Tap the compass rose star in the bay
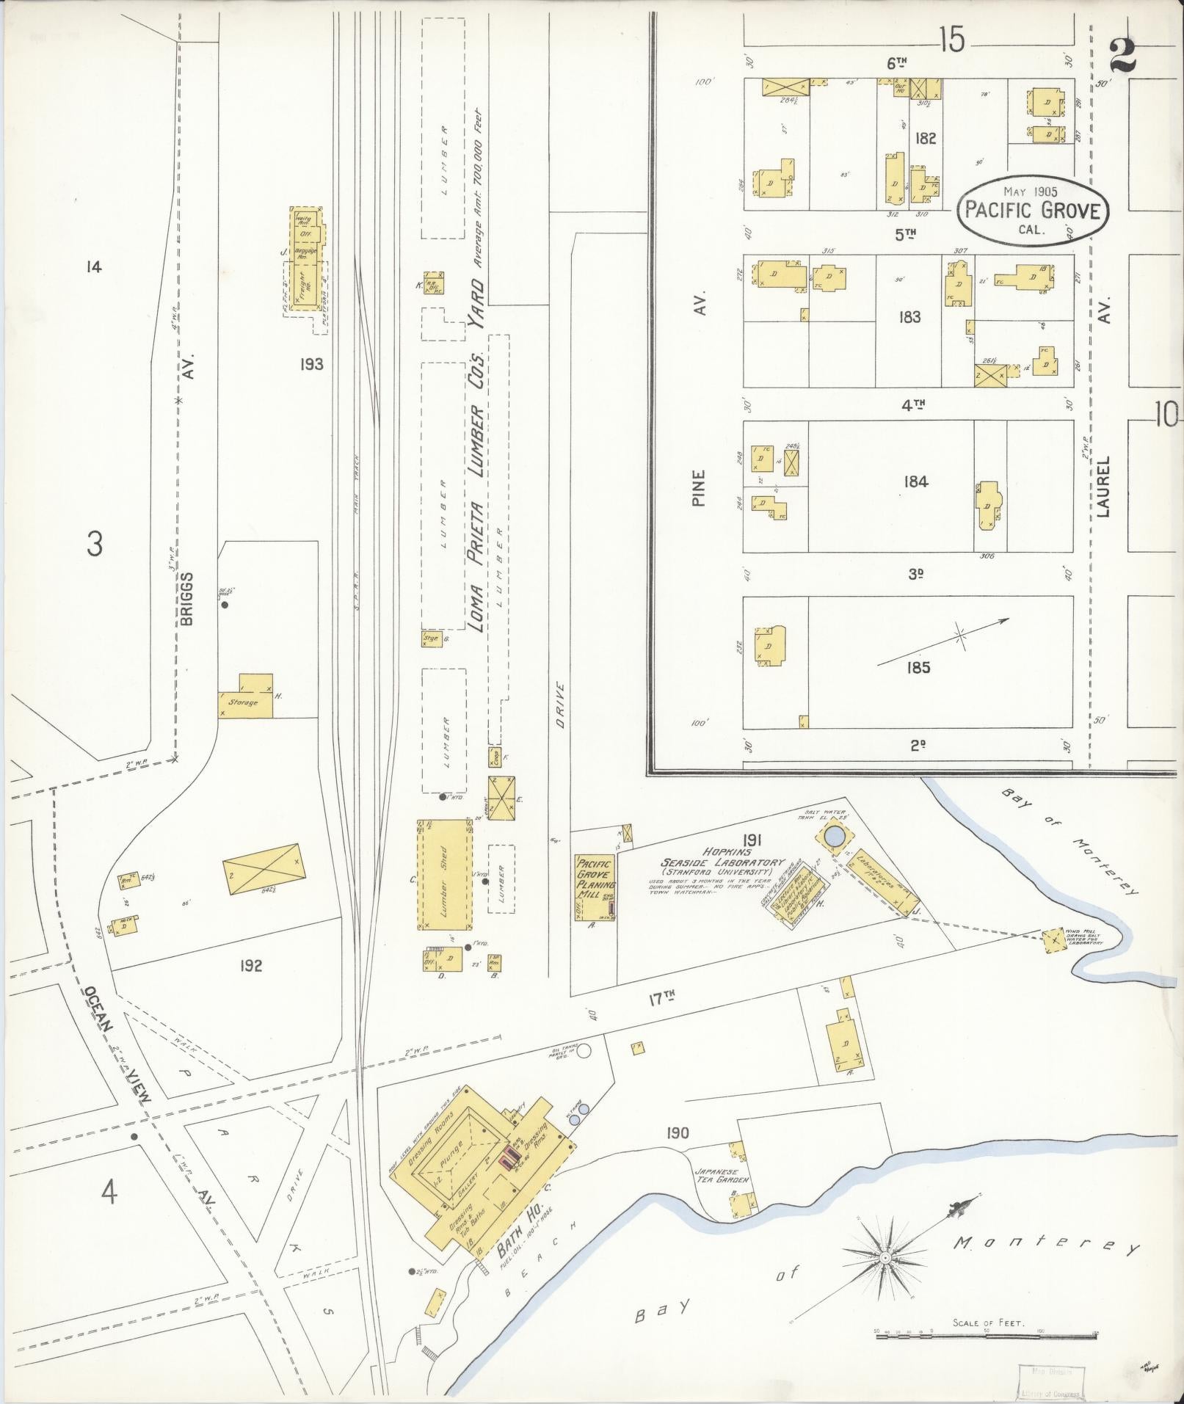coord(885,1256)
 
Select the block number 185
coord(918,667)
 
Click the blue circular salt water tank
coord(835,836)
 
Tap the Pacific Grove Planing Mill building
coord(595,887)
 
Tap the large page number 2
coord(1123,55)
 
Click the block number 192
coord(250,966)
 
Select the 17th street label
coord(661,998)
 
